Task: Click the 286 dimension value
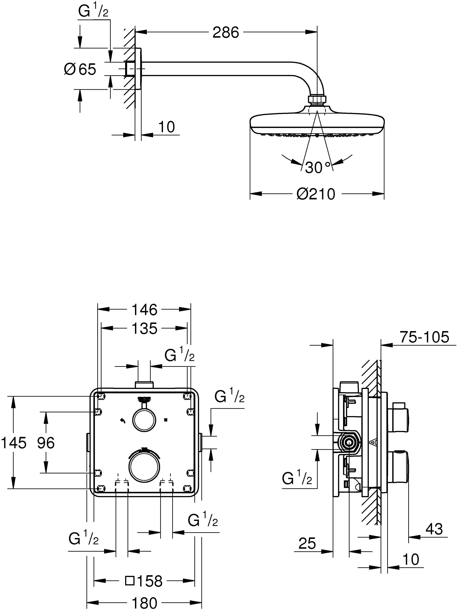pyautogui.click(x=225, y=33)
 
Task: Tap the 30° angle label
pyautogui.click(x=318, y=167)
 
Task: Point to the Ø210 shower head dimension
pyautogui.click(x=316, y=194)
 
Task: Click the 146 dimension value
pyautogui.click(x=144, y=310)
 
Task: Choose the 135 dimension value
pyautogui.click(x=144, y=329)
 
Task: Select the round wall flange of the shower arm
pyautogui.click(x=138, y=69)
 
